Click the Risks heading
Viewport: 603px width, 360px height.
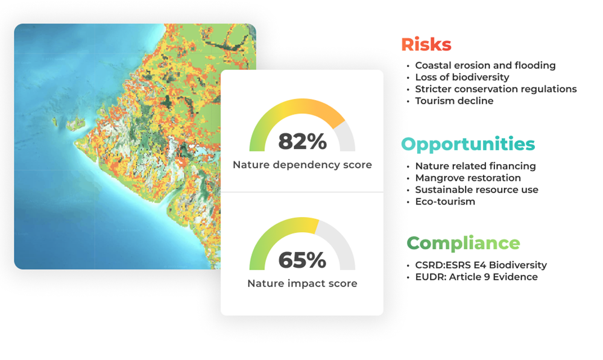[x=426, y=45]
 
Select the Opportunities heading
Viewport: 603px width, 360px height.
[x=467, y=144]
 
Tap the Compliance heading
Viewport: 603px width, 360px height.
[x=463, y=243]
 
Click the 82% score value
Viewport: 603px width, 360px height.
[x=302, y=142]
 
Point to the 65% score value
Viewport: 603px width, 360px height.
[x=302, y=260]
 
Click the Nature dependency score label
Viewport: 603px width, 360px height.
[x=302, y=165]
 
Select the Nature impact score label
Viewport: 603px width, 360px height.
[x=302, y=283]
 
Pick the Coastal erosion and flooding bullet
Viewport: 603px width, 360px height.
[x=485, y=65]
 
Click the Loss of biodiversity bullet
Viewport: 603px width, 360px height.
[x=462, y=77]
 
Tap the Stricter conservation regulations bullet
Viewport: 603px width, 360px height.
[x=496, y=89]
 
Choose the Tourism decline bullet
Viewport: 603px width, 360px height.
[x=454, y=101]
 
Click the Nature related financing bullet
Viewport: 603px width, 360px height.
[x=475, y=166]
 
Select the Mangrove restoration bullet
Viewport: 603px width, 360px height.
[x=468, y=178]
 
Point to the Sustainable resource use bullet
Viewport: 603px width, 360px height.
[x=476, y=189]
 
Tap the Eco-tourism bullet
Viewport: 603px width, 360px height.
[x=445, y=201]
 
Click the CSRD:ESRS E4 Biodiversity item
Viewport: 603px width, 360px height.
[x=481, y=265]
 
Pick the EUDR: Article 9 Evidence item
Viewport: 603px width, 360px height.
[x=476, y=277]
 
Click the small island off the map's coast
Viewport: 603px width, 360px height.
[x=75, y=123]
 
